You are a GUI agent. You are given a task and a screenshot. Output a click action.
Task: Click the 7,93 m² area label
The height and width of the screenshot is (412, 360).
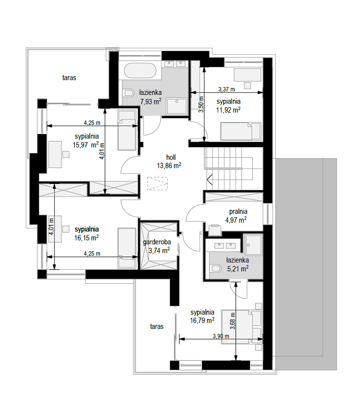150,101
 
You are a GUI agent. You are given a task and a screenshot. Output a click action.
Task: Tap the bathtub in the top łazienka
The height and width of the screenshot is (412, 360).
140,70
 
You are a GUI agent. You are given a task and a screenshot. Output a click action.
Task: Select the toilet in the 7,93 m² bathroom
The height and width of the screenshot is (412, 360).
128,93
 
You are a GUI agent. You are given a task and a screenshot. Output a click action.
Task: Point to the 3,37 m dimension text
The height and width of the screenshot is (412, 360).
227,89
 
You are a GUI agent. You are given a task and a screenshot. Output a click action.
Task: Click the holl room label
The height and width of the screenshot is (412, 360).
171,157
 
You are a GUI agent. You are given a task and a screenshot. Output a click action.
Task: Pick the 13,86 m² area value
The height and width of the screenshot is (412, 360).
169,166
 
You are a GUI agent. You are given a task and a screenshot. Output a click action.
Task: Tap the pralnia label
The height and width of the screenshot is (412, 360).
238,211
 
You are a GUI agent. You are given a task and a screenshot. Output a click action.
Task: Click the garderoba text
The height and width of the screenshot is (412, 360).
156,242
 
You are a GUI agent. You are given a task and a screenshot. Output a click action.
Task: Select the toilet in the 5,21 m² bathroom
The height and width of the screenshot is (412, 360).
216,268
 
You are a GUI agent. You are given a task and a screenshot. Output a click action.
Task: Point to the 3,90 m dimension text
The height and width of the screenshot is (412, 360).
221,336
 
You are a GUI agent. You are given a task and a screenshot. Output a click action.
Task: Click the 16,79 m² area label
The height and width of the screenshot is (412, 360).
202,321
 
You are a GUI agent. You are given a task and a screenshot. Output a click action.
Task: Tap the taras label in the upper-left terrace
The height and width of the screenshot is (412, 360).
69,78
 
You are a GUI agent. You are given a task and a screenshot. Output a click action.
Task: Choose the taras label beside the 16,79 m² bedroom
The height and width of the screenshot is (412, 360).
156,326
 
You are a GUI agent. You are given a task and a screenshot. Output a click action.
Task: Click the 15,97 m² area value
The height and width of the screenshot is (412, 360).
86,145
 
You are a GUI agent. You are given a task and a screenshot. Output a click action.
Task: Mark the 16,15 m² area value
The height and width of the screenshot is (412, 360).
87,238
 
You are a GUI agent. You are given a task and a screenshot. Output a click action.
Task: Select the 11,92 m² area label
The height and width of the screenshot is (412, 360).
228,110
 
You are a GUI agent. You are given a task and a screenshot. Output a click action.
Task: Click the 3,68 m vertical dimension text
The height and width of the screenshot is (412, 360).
233,321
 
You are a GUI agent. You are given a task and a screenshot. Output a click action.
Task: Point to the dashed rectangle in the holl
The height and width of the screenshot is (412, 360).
157,183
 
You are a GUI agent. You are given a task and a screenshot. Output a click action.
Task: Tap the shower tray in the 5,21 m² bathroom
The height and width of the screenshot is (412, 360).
253,245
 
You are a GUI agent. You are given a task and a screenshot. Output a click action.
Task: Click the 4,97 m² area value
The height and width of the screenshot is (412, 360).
236,220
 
